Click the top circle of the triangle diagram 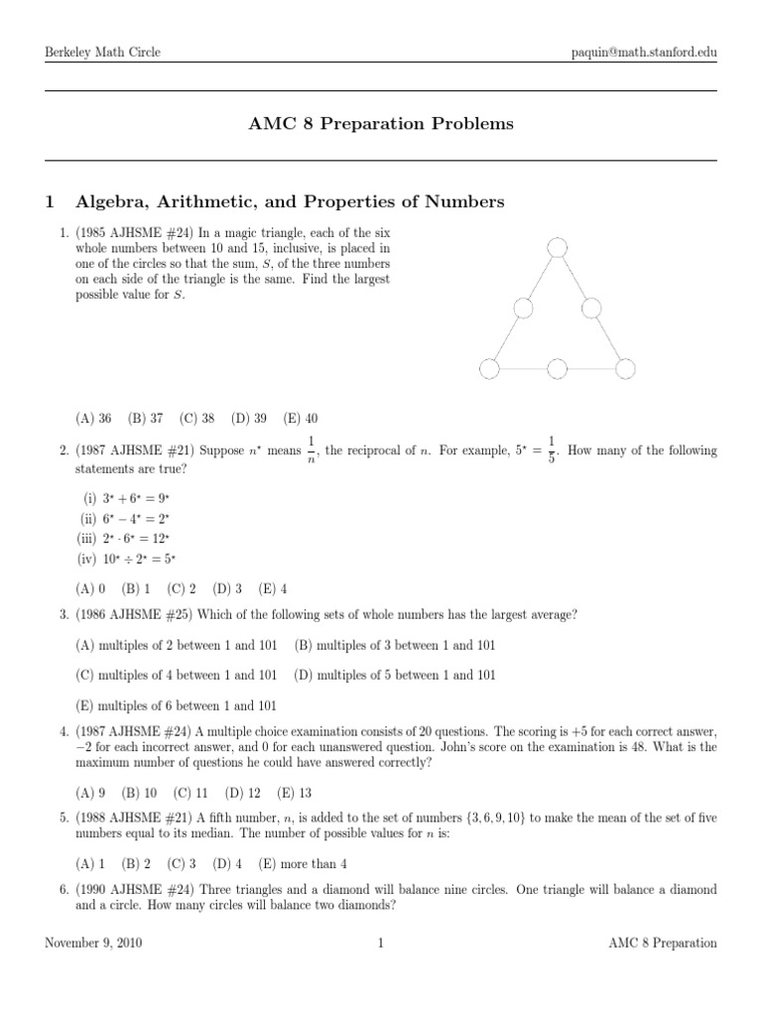(557, 246)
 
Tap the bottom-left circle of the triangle (488, 369)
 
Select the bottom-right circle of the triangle (624, 369)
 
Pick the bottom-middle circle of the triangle (557, 369)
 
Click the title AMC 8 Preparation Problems (380, 124)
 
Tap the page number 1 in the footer (380, 944)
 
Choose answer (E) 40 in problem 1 (300, 419)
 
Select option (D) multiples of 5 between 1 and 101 (395, 675)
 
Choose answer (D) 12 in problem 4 (243, 793)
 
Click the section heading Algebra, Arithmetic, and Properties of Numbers (290, 202)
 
